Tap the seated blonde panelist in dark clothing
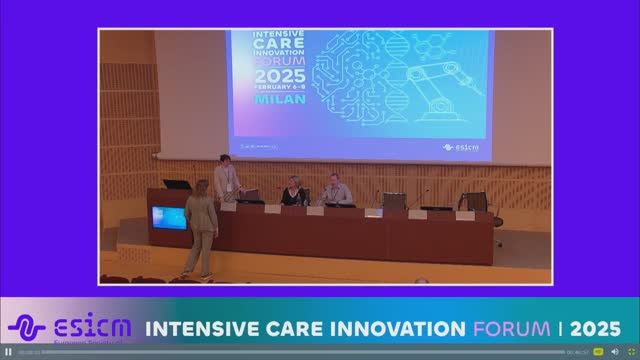294,191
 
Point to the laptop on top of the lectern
176,185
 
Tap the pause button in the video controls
8,352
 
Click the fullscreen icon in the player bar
630,352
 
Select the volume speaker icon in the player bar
614,352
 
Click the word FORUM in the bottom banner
509,328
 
